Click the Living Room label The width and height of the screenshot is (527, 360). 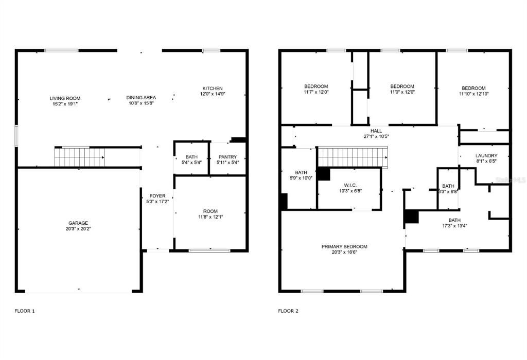tap(65, 98)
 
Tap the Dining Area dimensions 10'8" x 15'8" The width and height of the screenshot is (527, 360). tap(141, 103)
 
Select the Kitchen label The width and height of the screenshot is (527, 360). tap(213, 88)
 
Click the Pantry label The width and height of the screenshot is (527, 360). tap(227, 157)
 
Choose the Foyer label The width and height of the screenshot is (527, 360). tap(157, 196)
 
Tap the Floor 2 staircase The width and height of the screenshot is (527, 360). tap(352, 157)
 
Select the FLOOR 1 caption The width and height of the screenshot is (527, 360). tap(25, 311)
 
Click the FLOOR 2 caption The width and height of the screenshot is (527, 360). tap(288, 311)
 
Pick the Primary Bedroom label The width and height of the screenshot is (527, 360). tap(344, 247)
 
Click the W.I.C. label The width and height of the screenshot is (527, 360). tap(350, 185)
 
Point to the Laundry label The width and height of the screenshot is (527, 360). tap(486, 156)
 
